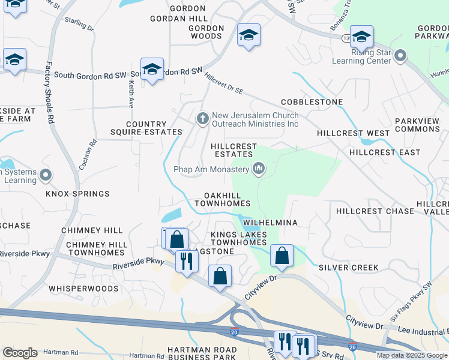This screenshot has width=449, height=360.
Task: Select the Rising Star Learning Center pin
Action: point(400,56)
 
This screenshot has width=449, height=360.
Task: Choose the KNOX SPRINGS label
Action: point(77,194)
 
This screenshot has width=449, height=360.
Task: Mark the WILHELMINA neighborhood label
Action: point(270,223)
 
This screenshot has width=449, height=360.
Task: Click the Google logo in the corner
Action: point(20,353)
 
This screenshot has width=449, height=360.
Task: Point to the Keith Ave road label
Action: point(130,95)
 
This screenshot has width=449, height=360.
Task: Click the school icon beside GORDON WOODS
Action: point(248,35)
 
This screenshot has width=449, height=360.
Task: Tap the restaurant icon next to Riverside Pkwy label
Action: point(187,261)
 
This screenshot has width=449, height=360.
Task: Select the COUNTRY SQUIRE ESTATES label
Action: point(146,128)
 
